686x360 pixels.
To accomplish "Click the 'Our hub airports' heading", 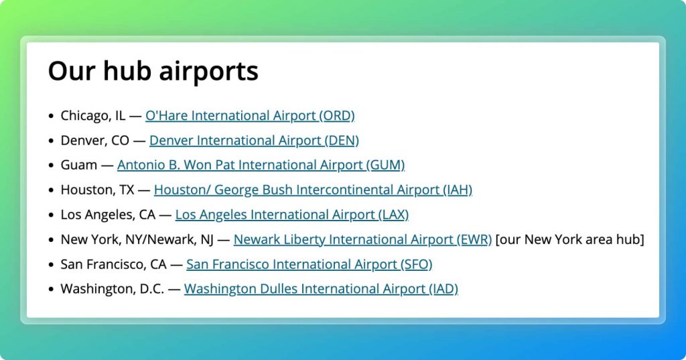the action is coord(153,71).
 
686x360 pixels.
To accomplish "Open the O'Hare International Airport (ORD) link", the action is coord(250,115).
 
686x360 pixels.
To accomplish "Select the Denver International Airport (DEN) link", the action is coord(254,141).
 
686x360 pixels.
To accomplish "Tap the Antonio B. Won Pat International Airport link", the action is coord(261,165).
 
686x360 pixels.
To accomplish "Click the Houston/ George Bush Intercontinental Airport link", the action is coord(314,190).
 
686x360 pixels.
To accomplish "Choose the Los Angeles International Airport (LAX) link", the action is coord(292,215).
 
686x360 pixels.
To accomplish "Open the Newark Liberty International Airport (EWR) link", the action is coord(362,239).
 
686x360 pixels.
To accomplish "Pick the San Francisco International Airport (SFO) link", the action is coord(310,265).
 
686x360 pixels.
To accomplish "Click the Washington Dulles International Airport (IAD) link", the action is coord(321,289).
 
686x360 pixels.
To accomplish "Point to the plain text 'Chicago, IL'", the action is coord(92,115).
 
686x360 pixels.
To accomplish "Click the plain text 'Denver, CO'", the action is coord(95,141).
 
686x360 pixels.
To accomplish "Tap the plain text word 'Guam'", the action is coord(79,165).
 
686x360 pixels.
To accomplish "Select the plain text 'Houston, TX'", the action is coord(97,190).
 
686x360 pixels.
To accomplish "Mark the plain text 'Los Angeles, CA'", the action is coord(108,215).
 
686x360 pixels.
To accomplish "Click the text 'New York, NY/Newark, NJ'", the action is coord(137,239).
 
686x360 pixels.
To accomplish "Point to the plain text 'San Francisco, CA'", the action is coord(113,265).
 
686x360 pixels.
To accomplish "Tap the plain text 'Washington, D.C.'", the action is coord(113,289).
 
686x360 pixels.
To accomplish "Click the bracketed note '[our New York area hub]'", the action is coord(569,239).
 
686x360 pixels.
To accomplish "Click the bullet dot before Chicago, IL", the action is coord(51,116).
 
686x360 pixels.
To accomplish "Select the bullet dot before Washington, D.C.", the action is coord(51,290).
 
